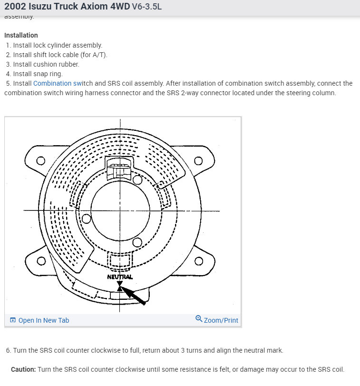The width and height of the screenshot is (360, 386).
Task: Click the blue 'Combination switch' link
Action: coord(53,83)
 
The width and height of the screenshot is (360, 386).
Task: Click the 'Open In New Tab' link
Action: coord(44,320)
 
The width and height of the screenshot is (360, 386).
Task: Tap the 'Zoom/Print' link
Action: coord(221,320)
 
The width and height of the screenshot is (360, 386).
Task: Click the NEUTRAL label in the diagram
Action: coord(120,277)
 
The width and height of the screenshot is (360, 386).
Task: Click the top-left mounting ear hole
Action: coord(41,160)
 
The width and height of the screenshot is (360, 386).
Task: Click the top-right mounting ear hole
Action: coord(198,160)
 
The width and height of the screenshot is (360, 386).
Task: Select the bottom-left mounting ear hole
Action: coord(41,260)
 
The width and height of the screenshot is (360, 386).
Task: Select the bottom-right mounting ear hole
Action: coord(198,260)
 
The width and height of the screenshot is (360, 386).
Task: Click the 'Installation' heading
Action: coord(21,35)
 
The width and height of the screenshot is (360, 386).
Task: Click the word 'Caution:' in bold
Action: coord(23,369)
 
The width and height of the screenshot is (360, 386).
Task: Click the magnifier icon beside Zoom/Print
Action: coord(199,319)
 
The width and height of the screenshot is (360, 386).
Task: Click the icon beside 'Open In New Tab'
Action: coord(13,320)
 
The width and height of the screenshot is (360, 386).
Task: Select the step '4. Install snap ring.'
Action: coord(34,74)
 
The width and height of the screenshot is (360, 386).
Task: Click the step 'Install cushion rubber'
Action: coord(43,64)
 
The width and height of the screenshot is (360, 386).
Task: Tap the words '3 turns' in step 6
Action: coord(192,350)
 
